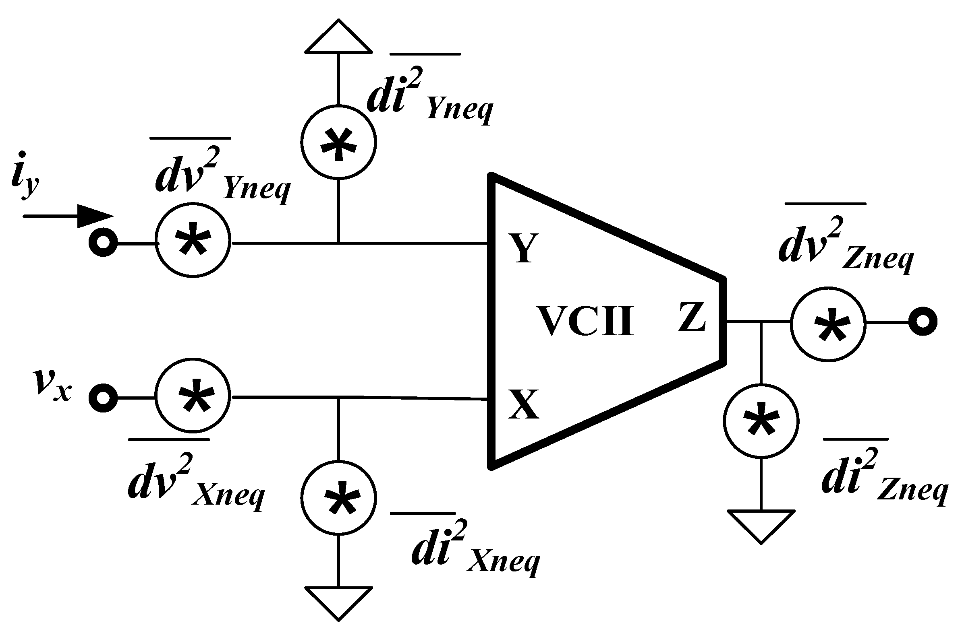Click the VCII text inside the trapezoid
pyautogui.click(x=586, y=322)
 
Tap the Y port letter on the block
pyautogui.click(x=524, y=248)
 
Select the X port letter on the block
pyautogui.click(x=523, y=404)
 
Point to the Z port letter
pyautogui.click(x=691, y=317)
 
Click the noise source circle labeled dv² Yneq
pyautogui.click(x=193, y=240)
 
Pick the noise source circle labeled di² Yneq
pyautogui.click(x=339, y=142)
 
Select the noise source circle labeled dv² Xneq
pyautogui.click(x=193, y=395)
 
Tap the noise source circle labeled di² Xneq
pyautogui.click(x=339, y=498)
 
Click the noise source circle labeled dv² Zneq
pyautogui.click(x=828, y=325)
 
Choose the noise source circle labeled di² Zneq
pyautogui.click(x=761, y=421)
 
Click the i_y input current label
pyautogui.click(x=25, y=176)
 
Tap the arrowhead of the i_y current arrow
pyautogui.click(x=95, y=216)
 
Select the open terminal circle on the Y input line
pyautogui.click(x=103, y=243)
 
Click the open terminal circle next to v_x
pyautogui.click(x=103, y=398)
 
